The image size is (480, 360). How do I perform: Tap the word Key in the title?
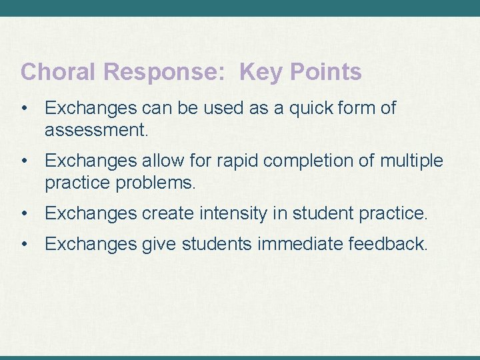tap(261, 72)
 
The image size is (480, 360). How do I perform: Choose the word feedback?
tap(387, 245)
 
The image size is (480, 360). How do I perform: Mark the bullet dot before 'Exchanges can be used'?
tap(25, 108)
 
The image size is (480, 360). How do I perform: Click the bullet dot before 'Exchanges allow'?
tap(25, 161)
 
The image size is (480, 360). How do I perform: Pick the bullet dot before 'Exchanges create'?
tap(25, 213)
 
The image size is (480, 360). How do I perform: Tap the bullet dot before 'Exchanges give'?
tap(25, 245)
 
